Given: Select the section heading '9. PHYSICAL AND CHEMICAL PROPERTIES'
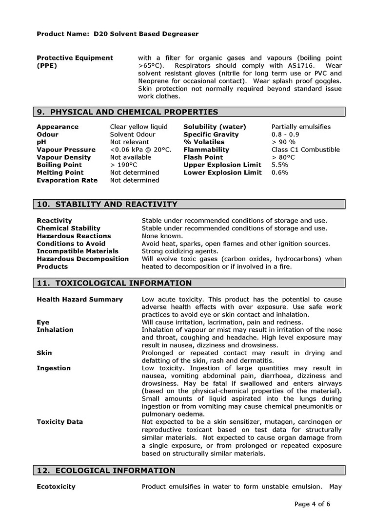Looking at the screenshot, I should click(x=127, y=112).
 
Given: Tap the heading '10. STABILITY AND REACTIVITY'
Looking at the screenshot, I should click(x=107, y=204).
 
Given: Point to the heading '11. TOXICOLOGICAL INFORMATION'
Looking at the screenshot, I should click(x=114, y=283).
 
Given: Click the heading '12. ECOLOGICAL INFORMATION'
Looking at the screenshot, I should click(x=106, y=471).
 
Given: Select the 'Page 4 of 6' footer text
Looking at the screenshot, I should click(x=313, y=504).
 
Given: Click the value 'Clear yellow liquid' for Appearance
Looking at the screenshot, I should click(x=138, y=127).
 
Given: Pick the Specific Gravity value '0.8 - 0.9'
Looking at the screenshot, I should click(x=285, y=134).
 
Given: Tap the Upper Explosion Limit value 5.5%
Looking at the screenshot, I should click(x=280, y=165).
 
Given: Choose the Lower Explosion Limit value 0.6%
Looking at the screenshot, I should click(x=280, y=172).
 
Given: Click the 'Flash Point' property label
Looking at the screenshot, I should click(x=203, y=157).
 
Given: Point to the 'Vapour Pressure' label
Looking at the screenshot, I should click(x=63, y=150).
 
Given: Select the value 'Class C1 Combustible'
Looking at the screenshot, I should click(x=306, y=150).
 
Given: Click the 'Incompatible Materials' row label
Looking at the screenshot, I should click(x=78, y=251).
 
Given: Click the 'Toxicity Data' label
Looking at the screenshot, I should click(x=59, y=422).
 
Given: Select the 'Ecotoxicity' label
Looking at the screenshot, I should click(x=56, y=487).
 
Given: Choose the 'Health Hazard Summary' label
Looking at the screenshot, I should click(x=79, y=300).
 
